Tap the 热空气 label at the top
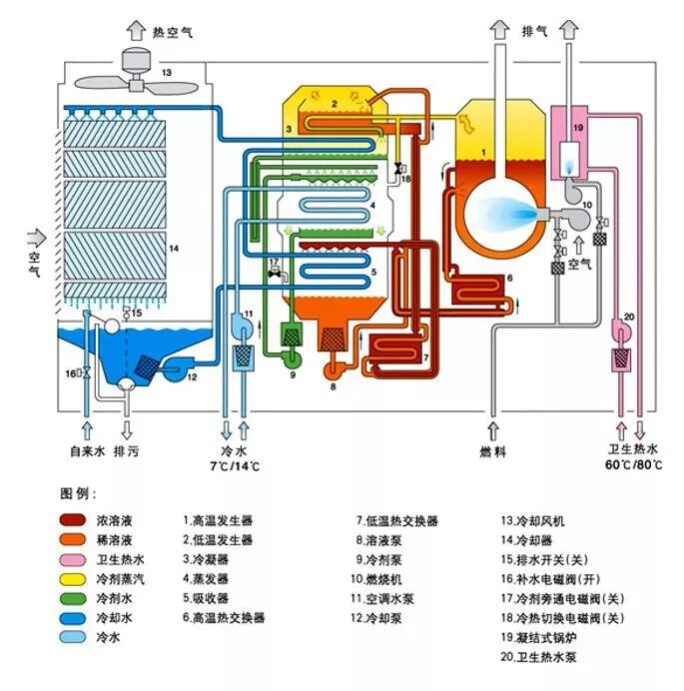pos(171,32)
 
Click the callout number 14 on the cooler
pos(174,247)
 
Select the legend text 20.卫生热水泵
pos(544,656)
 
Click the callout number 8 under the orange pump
pos(333,386)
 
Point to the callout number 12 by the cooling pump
pos(192,376)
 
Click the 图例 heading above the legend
pos(76,494)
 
